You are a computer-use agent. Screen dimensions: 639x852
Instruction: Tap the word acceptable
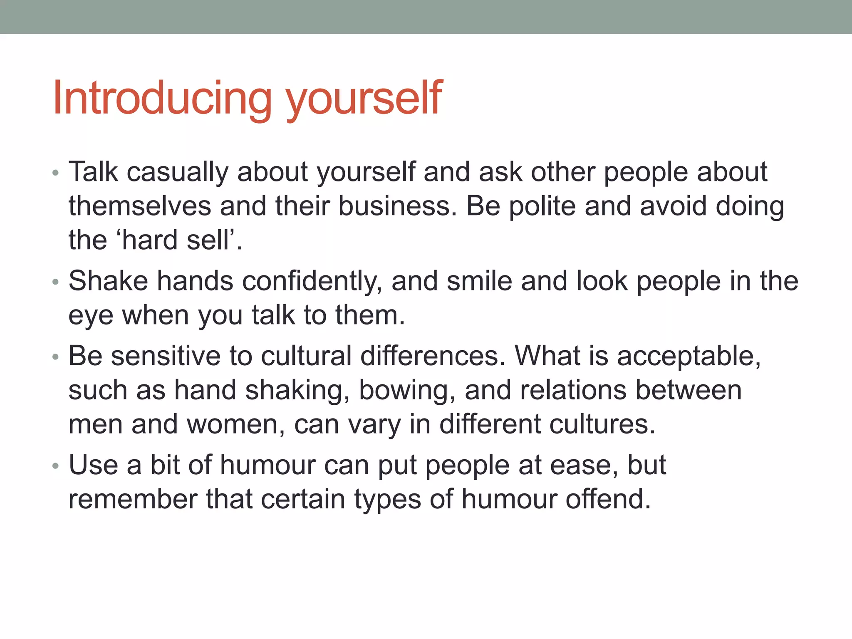click(689, 357)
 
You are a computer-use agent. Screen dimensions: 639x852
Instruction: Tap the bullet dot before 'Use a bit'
click(56, 466)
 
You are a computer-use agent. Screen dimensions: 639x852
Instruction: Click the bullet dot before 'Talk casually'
click(56, 173)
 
